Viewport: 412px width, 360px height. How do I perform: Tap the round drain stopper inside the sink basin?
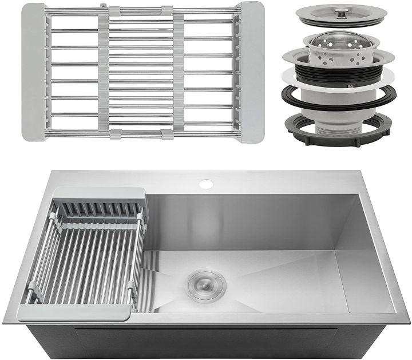point(204,283)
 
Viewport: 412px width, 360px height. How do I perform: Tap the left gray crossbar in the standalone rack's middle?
point(104,73)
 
